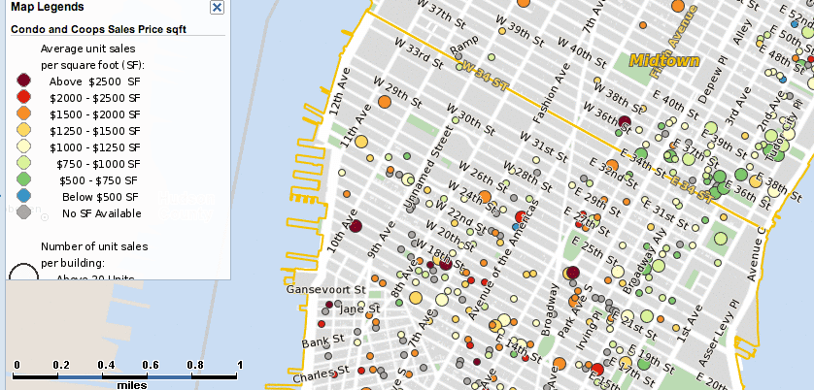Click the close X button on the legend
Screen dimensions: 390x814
(217, 7)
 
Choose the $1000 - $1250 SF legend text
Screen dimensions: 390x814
(96, 147)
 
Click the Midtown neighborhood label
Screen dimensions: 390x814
(664, 60)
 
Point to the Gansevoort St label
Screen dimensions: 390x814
(324, 289)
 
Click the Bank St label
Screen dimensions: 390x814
(318, 342)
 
